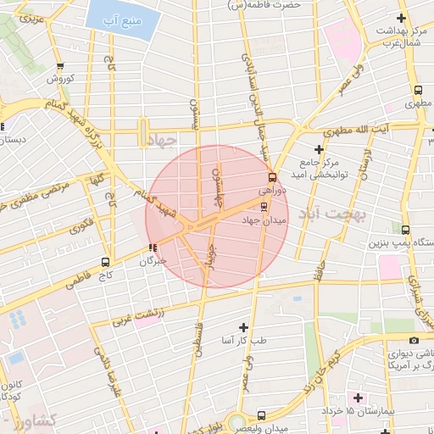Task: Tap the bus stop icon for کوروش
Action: (x=59, y=66)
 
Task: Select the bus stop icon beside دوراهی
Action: (x=272, y=178)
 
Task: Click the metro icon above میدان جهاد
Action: (x=264, y=206)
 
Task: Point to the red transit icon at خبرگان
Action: (x=153, y=248)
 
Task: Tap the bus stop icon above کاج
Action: (x=105, y=262)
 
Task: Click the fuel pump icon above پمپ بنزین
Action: (x=406, y=229)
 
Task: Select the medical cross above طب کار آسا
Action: (x=244, y=327)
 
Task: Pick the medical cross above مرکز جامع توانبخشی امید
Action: (x=320, y=149)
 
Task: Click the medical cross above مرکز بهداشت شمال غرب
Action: (x=401, y=18)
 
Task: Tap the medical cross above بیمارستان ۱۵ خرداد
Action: (x=358, y=397)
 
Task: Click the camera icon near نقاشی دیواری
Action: (x=414, y=341)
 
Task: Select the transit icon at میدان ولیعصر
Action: (x=261, y=415)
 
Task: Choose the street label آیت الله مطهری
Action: (x=373, y=131)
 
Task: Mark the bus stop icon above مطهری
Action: (x=418, y=90)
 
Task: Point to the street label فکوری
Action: (x=82, y=227)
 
